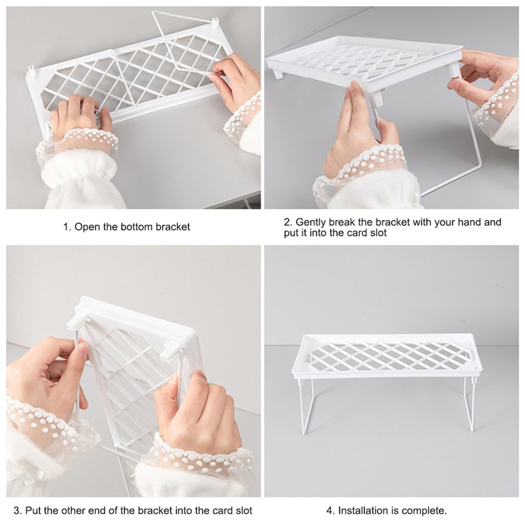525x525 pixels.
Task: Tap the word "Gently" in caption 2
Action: tap(311, 222)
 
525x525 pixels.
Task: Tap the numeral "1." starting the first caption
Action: tap(67, 227)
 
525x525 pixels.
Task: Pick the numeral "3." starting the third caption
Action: tap(17, 510)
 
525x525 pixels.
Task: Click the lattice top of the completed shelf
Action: tap(387, 356)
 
